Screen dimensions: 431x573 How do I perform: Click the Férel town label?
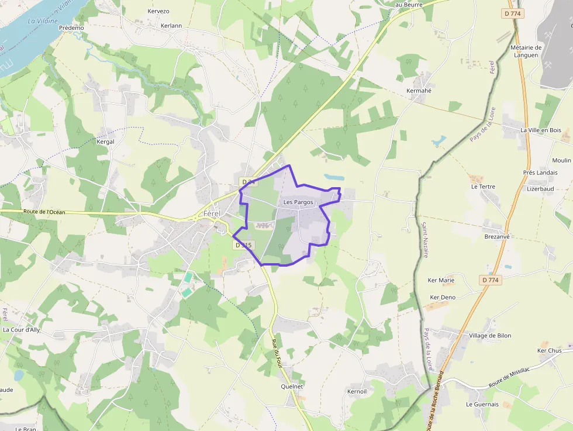pyautogui.click(x=212, y=213)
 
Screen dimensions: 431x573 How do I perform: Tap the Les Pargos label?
pyautogui.click(x=298, y=202)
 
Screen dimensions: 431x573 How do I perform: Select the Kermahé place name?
pyautogui.click(x=419, y=91)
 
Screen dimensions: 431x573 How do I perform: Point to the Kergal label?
pyautogui.click(x=105, y=142)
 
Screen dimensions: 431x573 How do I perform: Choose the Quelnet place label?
pyautogui.click(x=292, y=387)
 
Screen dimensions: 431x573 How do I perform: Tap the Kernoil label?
pyautogui.click(x=357, y=391)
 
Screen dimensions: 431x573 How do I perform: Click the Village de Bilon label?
pyautogui.click(x=490, y=336)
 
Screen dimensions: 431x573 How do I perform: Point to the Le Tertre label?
pyautogui.click(x=483, y=187)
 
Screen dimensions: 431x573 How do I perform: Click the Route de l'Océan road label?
pyautogui.click(x=44, y=212)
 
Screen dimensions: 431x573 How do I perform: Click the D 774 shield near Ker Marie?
pyautogui.click(x=491, y=280)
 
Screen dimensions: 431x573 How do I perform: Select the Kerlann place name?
pyautogui.click(x=171, y=26)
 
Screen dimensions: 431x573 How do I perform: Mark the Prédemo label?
pyautogui.click(x=71, y=27)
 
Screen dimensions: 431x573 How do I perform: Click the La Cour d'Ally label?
pyautogui.click(x=22, y=330)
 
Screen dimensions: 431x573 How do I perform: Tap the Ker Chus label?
pyautogui.click(x=549, y=351)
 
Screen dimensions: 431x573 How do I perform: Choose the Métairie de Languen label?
pyautogui.click(x=526, y=51)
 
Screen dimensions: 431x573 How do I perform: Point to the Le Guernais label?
pyautogui.click(x=482, y=404)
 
